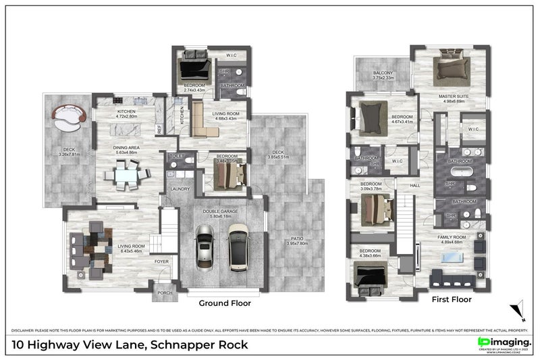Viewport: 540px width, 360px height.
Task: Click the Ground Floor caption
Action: coord(224,303)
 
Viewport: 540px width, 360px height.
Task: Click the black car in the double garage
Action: coord(205,247)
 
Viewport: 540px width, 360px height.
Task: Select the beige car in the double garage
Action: coord(238,245)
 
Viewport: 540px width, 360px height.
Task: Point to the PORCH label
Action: coord(165,293)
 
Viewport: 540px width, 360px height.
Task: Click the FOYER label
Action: coord(162,261)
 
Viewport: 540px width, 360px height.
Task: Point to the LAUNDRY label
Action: coord(180,189)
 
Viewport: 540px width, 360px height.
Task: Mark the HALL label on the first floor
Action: coord(415,184)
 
